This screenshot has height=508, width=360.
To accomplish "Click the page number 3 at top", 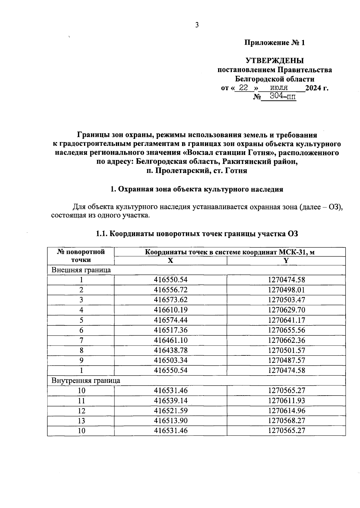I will click(197, 25).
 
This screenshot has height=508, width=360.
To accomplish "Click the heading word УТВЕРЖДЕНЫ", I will click(274, 61).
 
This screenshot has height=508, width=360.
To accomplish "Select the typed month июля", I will click(279, 88).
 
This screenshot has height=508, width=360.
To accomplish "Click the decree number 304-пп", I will click(282, 96).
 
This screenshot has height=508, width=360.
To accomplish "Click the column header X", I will click(170, 261).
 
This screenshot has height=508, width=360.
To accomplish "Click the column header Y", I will click(286, 261).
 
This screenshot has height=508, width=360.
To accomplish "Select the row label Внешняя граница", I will click(81, 270).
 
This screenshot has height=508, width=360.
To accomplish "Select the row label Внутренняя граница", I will click(86, 381).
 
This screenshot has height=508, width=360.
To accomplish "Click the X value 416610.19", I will click(170, 310).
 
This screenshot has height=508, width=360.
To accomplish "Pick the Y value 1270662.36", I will click(286, 340).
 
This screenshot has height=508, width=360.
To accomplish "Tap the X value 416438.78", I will click(170, 350).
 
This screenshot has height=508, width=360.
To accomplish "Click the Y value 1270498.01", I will click(286, 290).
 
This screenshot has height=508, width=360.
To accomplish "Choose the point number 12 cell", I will click(81, 411).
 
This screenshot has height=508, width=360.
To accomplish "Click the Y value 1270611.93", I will click(286, 401).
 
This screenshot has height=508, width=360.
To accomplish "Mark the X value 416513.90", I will click(170, 420).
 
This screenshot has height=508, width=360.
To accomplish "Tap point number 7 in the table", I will click(81, 340).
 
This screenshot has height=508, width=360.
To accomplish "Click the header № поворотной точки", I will click(81, 256).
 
